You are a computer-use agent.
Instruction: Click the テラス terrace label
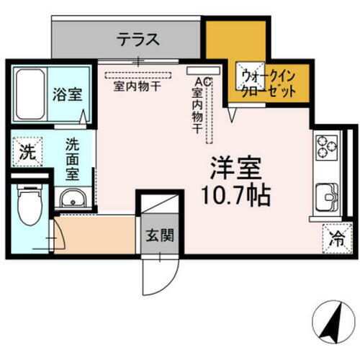pyautogui.click(x=138, y=40)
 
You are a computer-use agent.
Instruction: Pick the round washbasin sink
pyautogui.click(x=72, y=198)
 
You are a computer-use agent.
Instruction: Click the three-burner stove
pyautogui.click(x=326, y=146)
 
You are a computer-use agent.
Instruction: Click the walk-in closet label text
pyautogui.click(x=267, y=84)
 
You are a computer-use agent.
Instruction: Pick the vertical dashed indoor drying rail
pyautogui.click(x=211, y=108)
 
